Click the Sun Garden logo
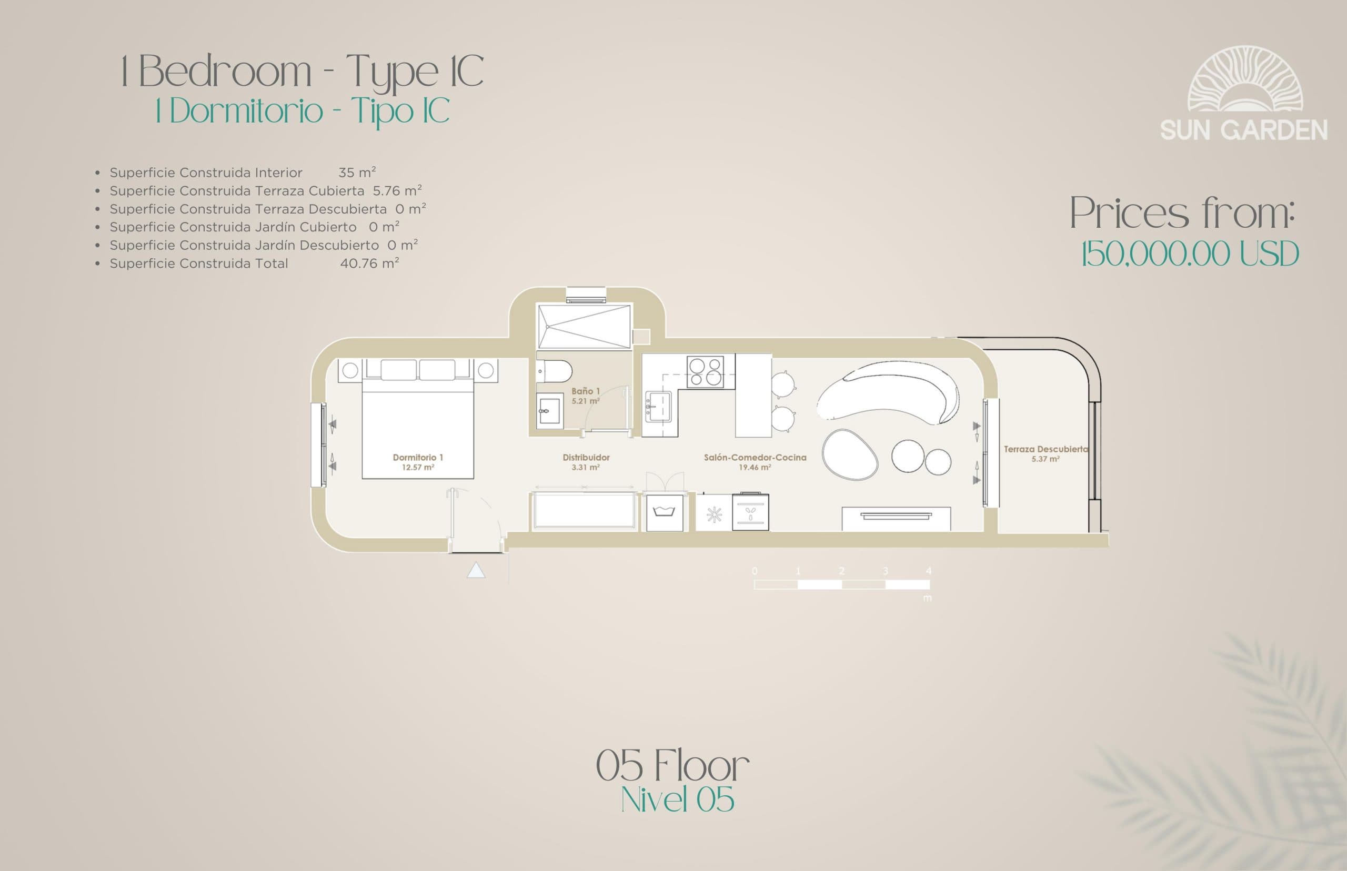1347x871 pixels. pos(1243,93)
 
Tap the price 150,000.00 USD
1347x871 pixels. pos(1189,254)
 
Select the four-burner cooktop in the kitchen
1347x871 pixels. pos(705,371)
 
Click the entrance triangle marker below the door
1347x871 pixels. pos(476,570)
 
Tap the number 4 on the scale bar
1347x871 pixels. pos(928,571)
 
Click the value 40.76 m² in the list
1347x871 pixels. pos(369,263)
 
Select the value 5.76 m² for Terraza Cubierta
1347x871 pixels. pos(397,190)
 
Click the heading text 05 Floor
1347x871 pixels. pos(672,766)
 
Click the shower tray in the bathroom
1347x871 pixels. pos(584,326)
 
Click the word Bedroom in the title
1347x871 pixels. pos(225,73)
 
